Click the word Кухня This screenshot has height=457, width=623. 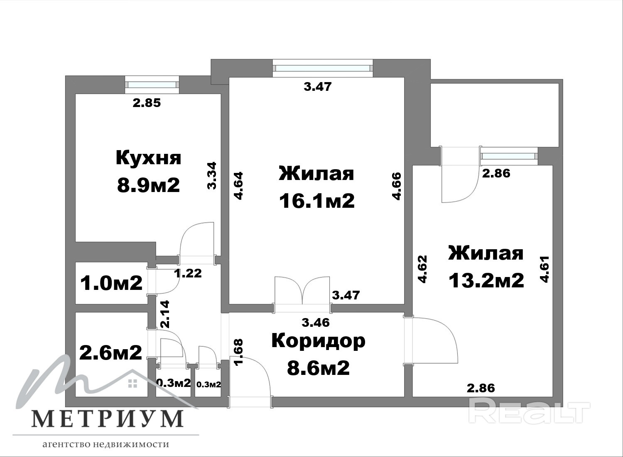[x=149, y=158]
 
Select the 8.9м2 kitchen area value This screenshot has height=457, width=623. [x=149, y=185]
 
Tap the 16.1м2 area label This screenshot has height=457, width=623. [x=317, y=201]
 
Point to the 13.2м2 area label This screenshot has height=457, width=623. [x=486, y=280]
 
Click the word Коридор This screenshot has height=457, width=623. [x=318, y=341]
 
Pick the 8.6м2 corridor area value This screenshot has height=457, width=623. [x=318, y=368]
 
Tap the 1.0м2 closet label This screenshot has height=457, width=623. [x=111, y=283]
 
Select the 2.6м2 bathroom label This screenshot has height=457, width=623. [x=111, y=352]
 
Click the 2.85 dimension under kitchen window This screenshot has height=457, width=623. [x=147, y=103]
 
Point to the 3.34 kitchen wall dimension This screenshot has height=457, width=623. [x=212, y=176]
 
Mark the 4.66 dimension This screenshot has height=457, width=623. [x=397, y=186]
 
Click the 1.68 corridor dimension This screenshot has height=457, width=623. [x=239, y=352]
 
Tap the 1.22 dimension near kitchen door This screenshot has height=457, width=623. [x=188, y=273]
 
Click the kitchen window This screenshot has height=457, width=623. [x=152, y=85]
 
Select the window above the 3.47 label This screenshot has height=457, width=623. [x=323, y=68]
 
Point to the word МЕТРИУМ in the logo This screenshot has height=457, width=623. [x=108, y=418]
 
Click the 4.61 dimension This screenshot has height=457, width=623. [x=545, y=269]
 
